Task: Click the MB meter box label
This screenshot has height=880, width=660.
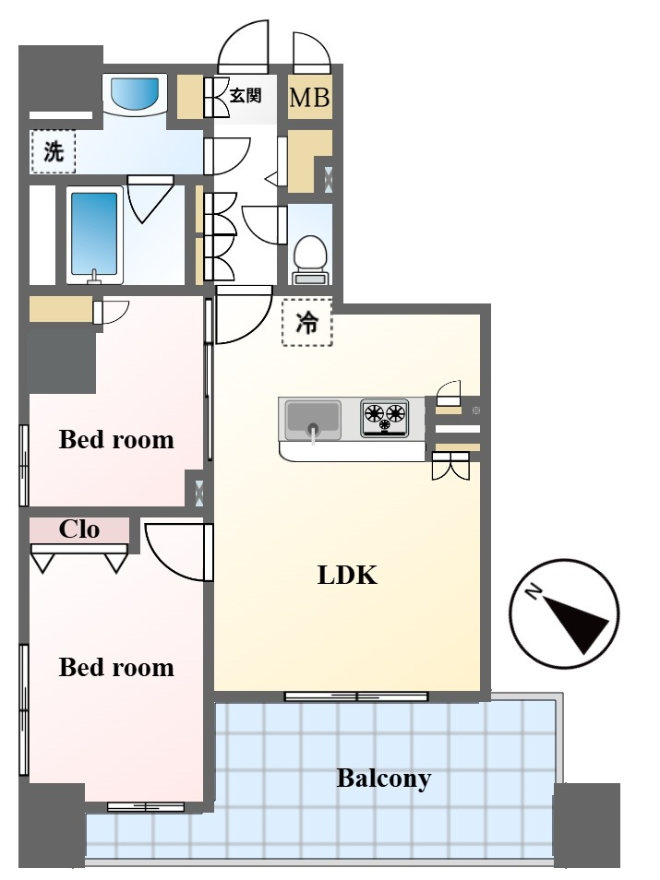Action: [309, 98]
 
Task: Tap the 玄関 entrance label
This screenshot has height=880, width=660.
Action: [246, 95]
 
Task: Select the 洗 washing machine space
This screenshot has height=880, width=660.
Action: [54, 151]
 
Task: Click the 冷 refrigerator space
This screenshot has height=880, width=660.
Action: [306, 322]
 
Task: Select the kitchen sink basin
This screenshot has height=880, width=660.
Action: [312, 419]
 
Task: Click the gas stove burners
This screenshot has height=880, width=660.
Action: [385, 417]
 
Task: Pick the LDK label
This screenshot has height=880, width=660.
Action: [347, 576]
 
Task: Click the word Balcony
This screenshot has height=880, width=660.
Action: [384, 779]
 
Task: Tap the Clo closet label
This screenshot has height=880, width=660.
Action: [79, 529]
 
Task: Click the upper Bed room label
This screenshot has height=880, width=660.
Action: [116, 439]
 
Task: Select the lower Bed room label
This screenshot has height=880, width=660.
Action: [116, 667]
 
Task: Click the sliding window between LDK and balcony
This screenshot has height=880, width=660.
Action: [356, 696]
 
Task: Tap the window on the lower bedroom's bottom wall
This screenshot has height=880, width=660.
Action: [146, 807]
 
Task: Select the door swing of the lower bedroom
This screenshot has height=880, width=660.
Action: [179, 553]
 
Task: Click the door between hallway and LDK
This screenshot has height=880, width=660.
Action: [244, 315]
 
